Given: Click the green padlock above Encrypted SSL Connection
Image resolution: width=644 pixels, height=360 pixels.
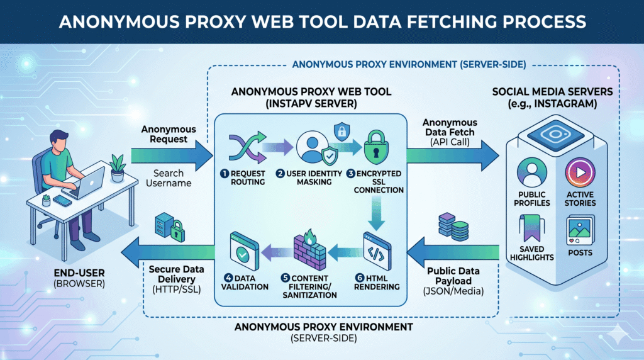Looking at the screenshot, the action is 376,148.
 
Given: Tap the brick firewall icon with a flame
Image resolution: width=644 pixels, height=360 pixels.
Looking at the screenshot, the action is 309,250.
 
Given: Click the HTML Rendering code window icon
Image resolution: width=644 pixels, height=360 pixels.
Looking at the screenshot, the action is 377,252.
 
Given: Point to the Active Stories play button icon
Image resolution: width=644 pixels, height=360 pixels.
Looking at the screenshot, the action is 580,172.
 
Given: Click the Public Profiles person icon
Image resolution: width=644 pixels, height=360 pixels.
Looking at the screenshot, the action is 532,172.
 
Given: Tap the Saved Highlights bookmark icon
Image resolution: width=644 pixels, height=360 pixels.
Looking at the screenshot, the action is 531,228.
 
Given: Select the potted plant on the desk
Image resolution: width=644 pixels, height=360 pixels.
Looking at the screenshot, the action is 118,167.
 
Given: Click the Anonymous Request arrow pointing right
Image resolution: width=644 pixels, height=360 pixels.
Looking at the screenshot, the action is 172,155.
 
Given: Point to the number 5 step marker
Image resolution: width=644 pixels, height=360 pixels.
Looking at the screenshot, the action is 286,278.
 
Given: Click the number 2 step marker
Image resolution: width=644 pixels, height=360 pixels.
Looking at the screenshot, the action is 280,174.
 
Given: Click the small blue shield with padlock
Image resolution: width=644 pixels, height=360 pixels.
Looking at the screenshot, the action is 341,132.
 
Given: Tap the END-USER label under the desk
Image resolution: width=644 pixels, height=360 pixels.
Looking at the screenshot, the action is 79,273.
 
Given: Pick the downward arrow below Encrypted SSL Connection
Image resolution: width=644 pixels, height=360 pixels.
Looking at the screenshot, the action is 376,213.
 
